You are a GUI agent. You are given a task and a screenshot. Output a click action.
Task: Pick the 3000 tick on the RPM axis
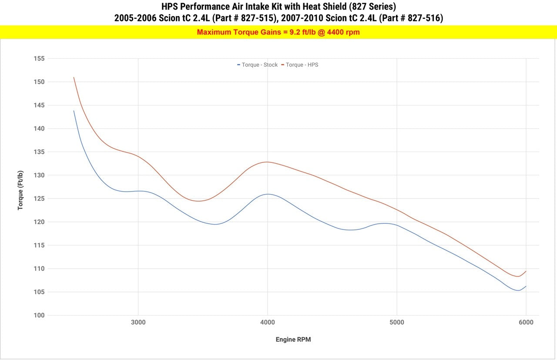[x=138, y=323]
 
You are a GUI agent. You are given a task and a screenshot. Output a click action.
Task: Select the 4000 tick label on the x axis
[x=267, y=323]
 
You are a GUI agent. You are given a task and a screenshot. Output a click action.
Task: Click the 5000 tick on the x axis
[x=396, y=323]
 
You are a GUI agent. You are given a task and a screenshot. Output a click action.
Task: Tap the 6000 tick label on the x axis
[x=526, y=323]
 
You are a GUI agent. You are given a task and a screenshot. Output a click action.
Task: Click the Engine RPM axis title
[x=293, y=340]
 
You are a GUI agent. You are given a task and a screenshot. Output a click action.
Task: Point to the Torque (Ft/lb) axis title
[x=20, y=190]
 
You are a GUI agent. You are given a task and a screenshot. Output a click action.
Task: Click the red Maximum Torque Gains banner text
[x=278, y=32]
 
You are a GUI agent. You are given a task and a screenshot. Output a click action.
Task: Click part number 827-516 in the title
[x=425, y=18]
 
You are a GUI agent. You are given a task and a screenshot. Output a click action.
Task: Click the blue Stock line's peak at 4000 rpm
[x=267, y=194]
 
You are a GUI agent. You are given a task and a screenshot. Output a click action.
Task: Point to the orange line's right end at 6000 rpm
[x=526, y=271]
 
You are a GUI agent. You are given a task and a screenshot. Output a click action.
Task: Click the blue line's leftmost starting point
[x=74, y=111]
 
